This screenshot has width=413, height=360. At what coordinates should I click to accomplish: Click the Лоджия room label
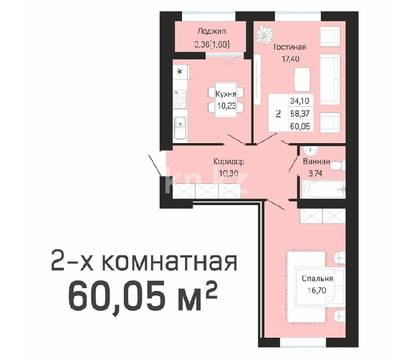pyautogui.click(x=212, y=32)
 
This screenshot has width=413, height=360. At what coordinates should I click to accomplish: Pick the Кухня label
pyautogui.click(x=225, y=94)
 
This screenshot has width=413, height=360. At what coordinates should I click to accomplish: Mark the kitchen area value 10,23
pyautogui.click(x=225, y=105)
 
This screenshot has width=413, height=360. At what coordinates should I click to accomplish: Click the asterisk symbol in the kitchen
pyautogui.click(x=180, y=72)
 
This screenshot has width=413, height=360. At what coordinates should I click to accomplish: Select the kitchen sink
pyautogui.click(x=179, y=129)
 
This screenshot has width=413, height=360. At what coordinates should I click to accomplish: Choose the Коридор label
pyautogui.click(x=228, y=162)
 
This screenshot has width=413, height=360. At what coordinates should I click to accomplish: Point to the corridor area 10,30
pyautogui.click(x=228, y=173)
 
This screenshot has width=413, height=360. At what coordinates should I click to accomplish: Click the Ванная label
pyautogui.click(x=316, y=162)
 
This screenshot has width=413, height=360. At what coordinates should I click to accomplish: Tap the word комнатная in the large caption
pyautogui.click(x=168, y=263)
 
